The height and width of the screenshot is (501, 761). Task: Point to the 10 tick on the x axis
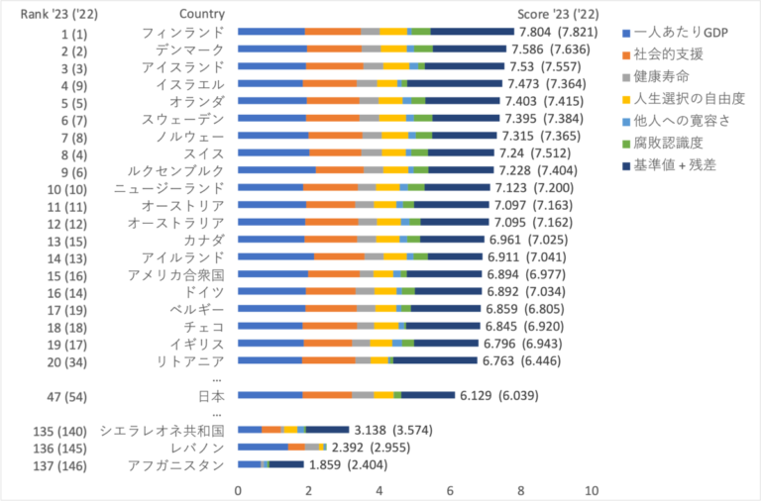(593, 490)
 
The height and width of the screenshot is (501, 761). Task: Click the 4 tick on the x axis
(380, 490)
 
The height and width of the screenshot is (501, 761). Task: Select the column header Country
(202, 14)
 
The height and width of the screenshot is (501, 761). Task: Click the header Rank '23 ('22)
(58, 14)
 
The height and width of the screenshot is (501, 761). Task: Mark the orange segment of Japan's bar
(328, 395)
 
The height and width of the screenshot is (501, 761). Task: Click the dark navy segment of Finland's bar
(473, 33)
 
